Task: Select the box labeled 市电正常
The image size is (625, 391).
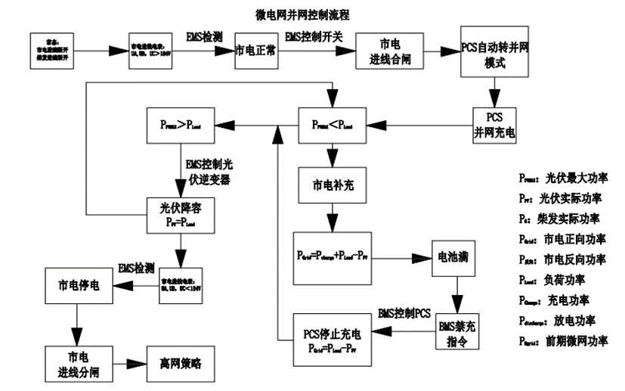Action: coord(255,51)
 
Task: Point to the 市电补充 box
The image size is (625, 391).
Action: coord(330,187)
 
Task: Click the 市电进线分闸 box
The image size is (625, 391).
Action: coord(76,362)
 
